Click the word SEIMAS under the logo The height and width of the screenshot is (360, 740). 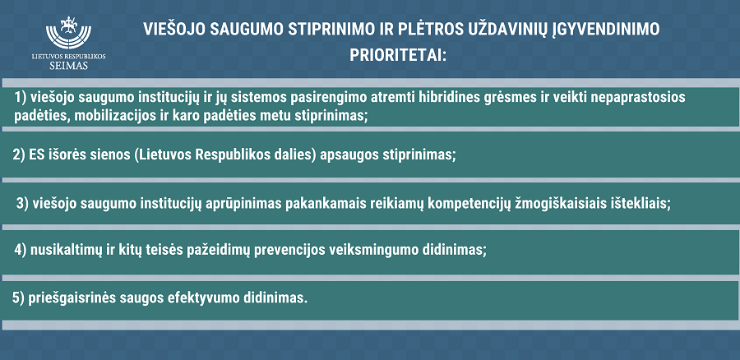click(x=69, y=66)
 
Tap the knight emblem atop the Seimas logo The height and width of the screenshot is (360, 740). click(x=69, y=24)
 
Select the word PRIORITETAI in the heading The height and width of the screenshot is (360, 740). click(x=397, y=55)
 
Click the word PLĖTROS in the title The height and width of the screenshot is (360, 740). click(x=430, y=30)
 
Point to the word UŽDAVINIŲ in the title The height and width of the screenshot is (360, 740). click(x=507, y=30)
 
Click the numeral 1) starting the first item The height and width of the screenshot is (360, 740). click(x=20, y=98)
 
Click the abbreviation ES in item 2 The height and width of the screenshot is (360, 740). click(x=36, y=155)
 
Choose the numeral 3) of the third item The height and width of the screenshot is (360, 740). click(x=23, y=203)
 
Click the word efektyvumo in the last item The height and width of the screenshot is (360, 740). click(x=203, y=298)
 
